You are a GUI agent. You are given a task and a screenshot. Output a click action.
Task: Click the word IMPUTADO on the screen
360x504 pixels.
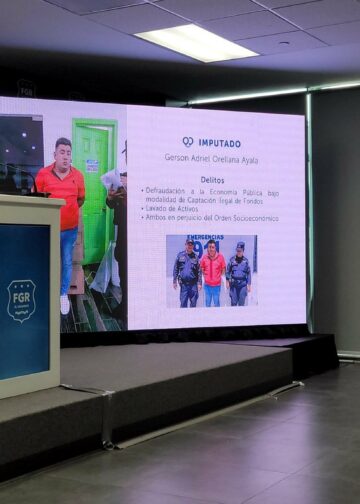(219, 143)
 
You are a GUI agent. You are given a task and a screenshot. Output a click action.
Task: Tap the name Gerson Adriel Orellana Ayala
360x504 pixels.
(211, 157)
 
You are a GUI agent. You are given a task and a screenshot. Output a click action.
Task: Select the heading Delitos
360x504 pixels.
(212, 180)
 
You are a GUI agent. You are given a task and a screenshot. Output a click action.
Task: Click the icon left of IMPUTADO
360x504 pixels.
(187, 143)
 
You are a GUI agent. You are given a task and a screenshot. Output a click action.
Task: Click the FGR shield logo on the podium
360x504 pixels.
(21, 300)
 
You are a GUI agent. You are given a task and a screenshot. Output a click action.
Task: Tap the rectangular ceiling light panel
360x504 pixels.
(196, 42)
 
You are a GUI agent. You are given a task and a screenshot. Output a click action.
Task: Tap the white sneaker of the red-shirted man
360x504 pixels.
(65, 304)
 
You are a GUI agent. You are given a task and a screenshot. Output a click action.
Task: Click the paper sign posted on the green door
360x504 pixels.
(92, 166)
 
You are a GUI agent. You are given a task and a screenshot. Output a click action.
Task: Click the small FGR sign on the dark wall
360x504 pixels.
(25, 89)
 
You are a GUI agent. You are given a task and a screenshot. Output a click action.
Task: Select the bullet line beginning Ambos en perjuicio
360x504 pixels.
(211, 217)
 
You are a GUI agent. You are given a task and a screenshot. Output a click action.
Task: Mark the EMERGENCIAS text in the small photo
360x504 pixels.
(187, 240)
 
